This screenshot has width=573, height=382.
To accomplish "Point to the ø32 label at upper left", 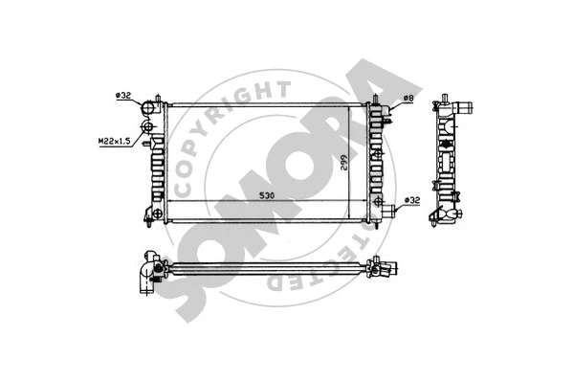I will point(123,96).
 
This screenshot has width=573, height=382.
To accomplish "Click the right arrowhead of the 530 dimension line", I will point(364,199).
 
